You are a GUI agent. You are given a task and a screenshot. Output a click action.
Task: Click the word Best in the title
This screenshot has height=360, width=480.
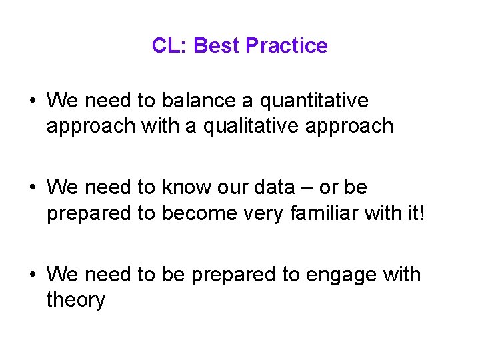[217, 45]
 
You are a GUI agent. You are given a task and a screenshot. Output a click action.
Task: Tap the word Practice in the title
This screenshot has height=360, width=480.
[287, 45]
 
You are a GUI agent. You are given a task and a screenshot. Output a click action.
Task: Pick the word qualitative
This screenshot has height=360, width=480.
[251, 126]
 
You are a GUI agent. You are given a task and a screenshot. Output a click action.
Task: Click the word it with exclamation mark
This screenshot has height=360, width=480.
[428, 213]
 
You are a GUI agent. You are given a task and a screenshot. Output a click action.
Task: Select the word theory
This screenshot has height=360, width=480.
[75, 301]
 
